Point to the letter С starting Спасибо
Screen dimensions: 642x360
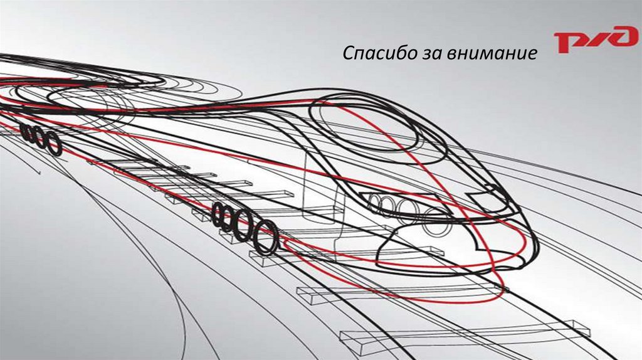coord(349,55)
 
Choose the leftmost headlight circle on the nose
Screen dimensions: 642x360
coord(375,202)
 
